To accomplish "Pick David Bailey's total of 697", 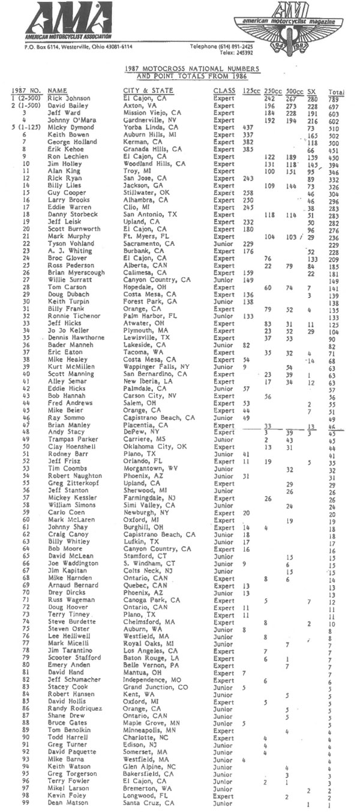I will pyautogui.click(x=335, y=105).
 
